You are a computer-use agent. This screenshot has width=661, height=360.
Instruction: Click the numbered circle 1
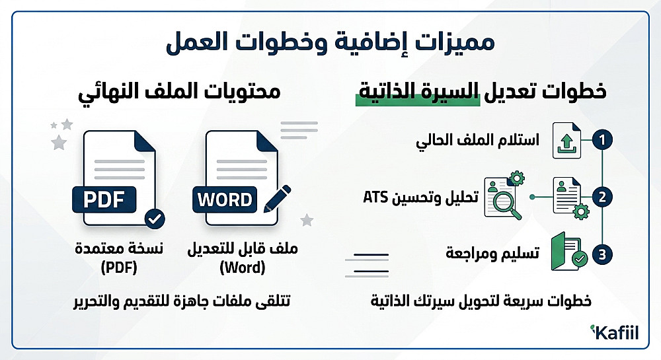pos(602,140)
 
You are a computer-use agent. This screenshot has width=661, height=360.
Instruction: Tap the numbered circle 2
pos(602,197)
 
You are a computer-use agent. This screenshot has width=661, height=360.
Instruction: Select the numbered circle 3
pos(602,254)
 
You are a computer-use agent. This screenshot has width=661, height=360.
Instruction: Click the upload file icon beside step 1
pos(566,141)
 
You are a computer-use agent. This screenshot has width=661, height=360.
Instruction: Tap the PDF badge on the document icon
pos(104,199)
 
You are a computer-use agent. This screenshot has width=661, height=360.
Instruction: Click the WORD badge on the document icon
pos(225,199)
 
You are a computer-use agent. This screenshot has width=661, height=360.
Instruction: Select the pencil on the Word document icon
pos(278,199)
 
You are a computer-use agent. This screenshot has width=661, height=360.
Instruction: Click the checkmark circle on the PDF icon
pos(155,219)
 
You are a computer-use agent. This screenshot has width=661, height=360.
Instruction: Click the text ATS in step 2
pos(375,197)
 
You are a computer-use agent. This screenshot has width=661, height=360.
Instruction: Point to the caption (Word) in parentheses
pos(243,268)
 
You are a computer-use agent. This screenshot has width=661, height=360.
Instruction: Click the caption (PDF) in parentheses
pos(119,268)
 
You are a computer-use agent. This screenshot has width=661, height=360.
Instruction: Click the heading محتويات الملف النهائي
pos(179,92)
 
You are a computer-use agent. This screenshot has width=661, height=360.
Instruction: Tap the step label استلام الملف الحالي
pos(478,140)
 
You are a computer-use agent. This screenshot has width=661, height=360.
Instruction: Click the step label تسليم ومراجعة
pos(492,254)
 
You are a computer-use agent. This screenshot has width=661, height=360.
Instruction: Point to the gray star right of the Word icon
pos(307,220)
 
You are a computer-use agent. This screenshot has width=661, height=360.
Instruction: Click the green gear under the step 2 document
pos(581,211)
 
